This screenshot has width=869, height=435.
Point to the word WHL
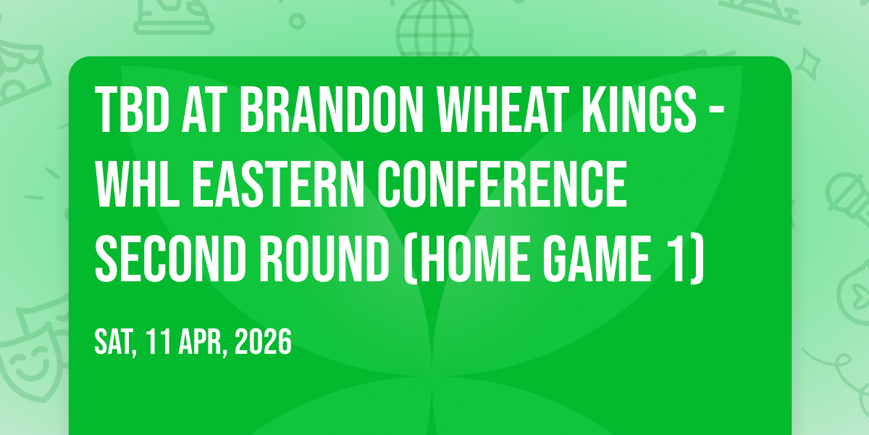point(138,184)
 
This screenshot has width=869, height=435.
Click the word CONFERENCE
point(503,184)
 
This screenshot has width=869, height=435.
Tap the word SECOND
point(170,259)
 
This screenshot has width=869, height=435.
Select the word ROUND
point(324,259)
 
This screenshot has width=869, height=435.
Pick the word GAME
point(596,259)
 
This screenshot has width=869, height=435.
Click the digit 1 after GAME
point(678,259)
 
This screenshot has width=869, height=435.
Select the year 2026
point(263,341)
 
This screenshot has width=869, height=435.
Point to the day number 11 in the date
point(159,341)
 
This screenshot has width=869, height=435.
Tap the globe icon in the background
point(434,28)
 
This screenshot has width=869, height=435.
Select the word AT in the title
point(204,109)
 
